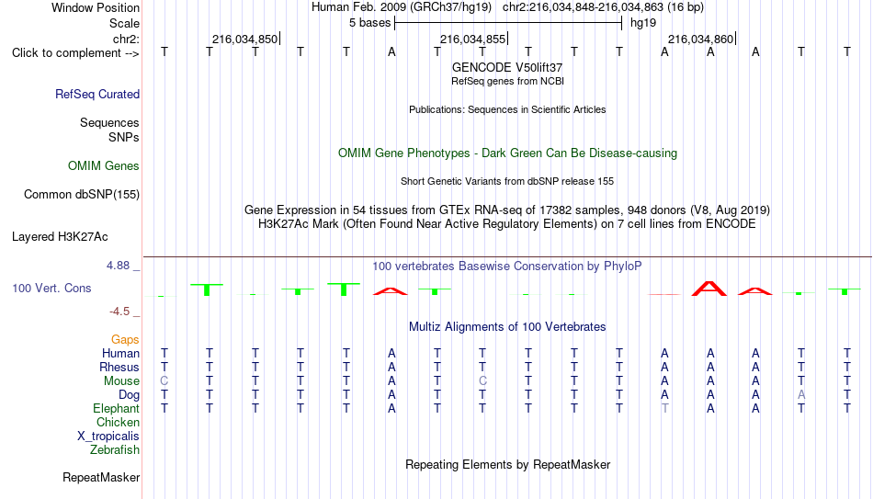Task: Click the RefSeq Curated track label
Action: coord(97,94)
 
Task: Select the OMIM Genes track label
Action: coord(104,166)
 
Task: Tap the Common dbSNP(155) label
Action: coord(82,195)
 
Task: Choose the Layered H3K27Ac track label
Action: coord(60,237)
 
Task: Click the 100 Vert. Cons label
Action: coord(51,288)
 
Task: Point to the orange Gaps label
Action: coord(125,340)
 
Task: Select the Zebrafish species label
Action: coord(115,450)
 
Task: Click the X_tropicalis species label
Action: coord(108,437)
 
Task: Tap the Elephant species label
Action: coord(117,409)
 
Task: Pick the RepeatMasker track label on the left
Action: coord(101,477)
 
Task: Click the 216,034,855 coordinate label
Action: coord(472,39)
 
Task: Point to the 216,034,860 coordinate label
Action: coord(700,39)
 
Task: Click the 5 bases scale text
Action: coord(370,23)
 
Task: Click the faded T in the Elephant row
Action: coord(664,409)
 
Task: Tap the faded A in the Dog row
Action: coord(801,395)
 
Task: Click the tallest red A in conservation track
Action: coord(709,289)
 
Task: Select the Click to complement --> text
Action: coord(75,53)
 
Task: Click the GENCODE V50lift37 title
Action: coord(507,67)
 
